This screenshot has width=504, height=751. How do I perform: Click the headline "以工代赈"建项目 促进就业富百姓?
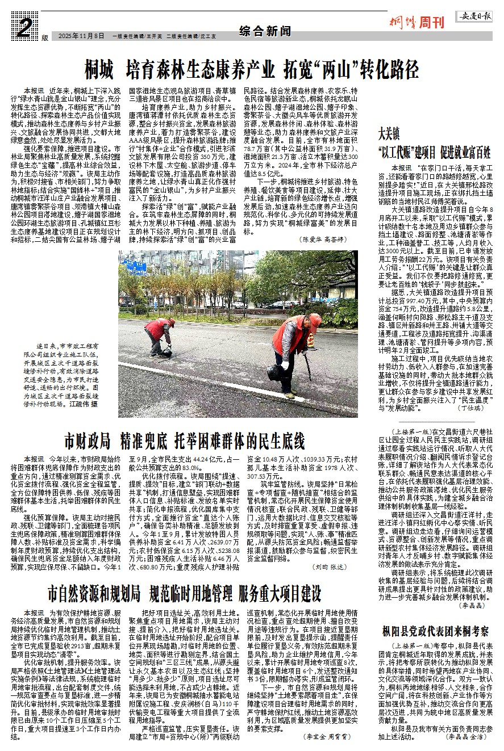pos(434,152)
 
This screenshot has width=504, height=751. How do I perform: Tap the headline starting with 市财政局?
pos(185,441)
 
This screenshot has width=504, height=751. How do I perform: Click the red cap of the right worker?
pos(315,321)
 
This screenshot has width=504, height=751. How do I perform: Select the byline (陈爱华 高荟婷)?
pos(322,240)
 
